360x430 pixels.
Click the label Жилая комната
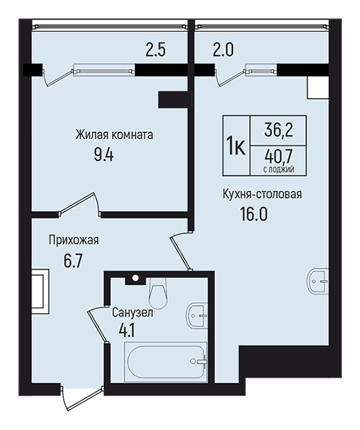tap(114, 135)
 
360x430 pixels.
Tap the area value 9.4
tap(103, 155)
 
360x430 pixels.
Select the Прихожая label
tap(74, 241)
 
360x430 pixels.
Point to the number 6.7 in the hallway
tap(73, 261)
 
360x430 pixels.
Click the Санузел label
tap(132, 313)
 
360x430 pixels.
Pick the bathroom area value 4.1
tap(126, 331)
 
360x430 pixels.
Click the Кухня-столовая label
tap(263, 194)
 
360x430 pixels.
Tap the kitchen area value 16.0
tap(254, 214)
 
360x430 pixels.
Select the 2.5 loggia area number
tap(155, 50)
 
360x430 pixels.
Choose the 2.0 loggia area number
tap(223, 50)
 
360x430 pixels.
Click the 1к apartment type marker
tap(236, 146)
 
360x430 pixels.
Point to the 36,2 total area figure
tap(279, 130)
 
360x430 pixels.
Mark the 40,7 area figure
tap(279, 157)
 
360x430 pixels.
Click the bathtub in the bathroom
tap(165, 360)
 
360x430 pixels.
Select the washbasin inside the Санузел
tap(196, 316)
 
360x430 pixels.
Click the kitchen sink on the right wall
tap(317, 282)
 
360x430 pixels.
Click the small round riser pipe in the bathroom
tap(135, 278)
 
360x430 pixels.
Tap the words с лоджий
tap(279, 170)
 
